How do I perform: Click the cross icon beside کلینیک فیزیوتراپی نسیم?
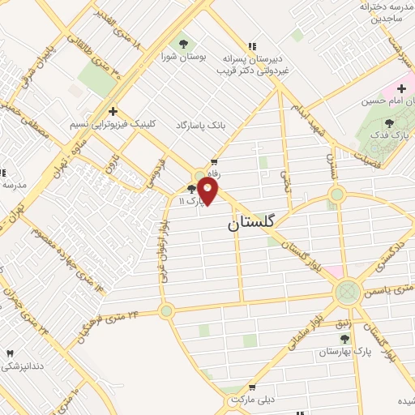tap(113, 111)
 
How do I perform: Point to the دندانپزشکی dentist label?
tap(22, 366)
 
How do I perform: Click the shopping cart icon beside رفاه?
tap(215, 162)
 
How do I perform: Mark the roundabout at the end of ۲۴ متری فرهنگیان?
tap(166, 310)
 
